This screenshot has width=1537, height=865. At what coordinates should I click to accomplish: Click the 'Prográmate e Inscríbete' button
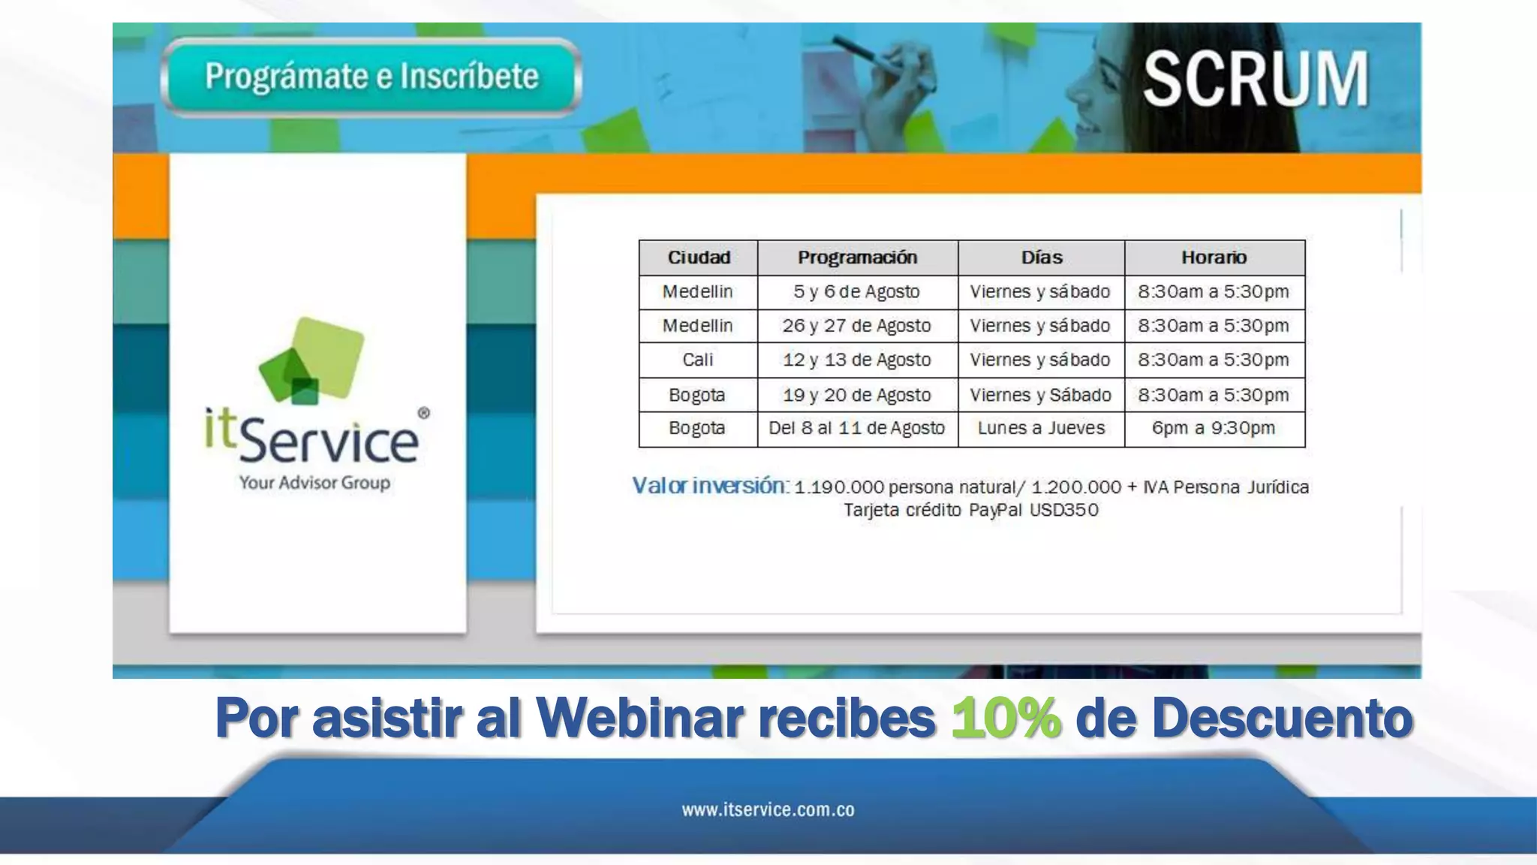[x=371, y=77]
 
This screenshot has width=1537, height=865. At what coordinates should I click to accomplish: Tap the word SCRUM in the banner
[x=1256, y=79]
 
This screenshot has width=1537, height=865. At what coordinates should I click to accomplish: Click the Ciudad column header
[x=699, y=258]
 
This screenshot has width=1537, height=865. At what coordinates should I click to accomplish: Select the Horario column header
[x=1214, y=258]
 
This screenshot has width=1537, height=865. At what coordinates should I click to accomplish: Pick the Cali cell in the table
[x=698, y=360]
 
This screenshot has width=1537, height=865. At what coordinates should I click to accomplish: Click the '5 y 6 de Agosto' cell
[x=856, y=291]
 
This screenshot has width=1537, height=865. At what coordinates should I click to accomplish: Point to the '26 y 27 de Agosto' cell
[x=856, y=326]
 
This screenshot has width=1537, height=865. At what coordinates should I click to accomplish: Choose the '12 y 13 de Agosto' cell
[x=856, y=360]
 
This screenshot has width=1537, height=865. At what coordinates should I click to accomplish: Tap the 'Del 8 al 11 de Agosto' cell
[x=856, y=428]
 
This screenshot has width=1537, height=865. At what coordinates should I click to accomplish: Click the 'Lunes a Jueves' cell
[x=1041, y=428]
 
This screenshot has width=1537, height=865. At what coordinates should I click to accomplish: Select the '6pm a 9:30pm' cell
[x=1214, y=428]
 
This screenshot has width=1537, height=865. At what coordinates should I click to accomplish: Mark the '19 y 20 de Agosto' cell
[x=856, y=395]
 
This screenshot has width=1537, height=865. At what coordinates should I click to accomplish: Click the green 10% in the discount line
[x=1006, y=718]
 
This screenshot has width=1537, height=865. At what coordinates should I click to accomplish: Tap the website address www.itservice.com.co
[x=768, y=809]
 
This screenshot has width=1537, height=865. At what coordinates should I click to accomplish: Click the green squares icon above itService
[x=312, y=360]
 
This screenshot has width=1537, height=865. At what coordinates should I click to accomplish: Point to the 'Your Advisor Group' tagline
[x=314, y=482]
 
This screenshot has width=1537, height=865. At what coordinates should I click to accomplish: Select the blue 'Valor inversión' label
[x=709, y=486]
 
